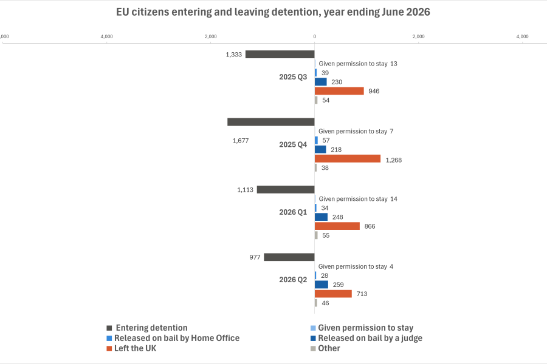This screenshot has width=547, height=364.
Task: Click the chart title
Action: point(273,12)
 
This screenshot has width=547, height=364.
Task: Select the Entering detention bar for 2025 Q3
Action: point(280,55)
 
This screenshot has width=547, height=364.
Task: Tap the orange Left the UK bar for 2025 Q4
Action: point(348,159)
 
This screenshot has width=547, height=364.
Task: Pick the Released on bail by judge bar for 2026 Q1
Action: point(321,217)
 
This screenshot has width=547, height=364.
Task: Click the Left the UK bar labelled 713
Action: point(333,294)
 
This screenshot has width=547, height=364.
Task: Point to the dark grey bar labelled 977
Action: point(289,257)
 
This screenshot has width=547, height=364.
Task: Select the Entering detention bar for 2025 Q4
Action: point(271,122)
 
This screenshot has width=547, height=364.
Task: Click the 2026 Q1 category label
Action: point(293,212)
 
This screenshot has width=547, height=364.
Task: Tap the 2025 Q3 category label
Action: point(293,77)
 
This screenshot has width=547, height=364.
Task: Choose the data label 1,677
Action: point(241,141)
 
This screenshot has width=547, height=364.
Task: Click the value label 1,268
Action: point(394,160)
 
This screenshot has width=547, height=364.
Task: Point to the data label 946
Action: point(374,91)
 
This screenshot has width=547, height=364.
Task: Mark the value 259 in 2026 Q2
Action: point(339,285)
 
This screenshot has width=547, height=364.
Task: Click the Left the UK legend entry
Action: point(131,348)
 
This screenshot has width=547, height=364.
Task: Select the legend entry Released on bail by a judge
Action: point(366,339)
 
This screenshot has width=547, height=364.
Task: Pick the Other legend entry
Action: point(325,348)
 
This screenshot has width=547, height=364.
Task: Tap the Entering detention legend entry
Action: point(147,328)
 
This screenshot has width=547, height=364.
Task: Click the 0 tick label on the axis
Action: point(315,36)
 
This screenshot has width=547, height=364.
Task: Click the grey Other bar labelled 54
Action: point(316,100)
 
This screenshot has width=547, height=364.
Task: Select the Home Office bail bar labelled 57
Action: point(317,140)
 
